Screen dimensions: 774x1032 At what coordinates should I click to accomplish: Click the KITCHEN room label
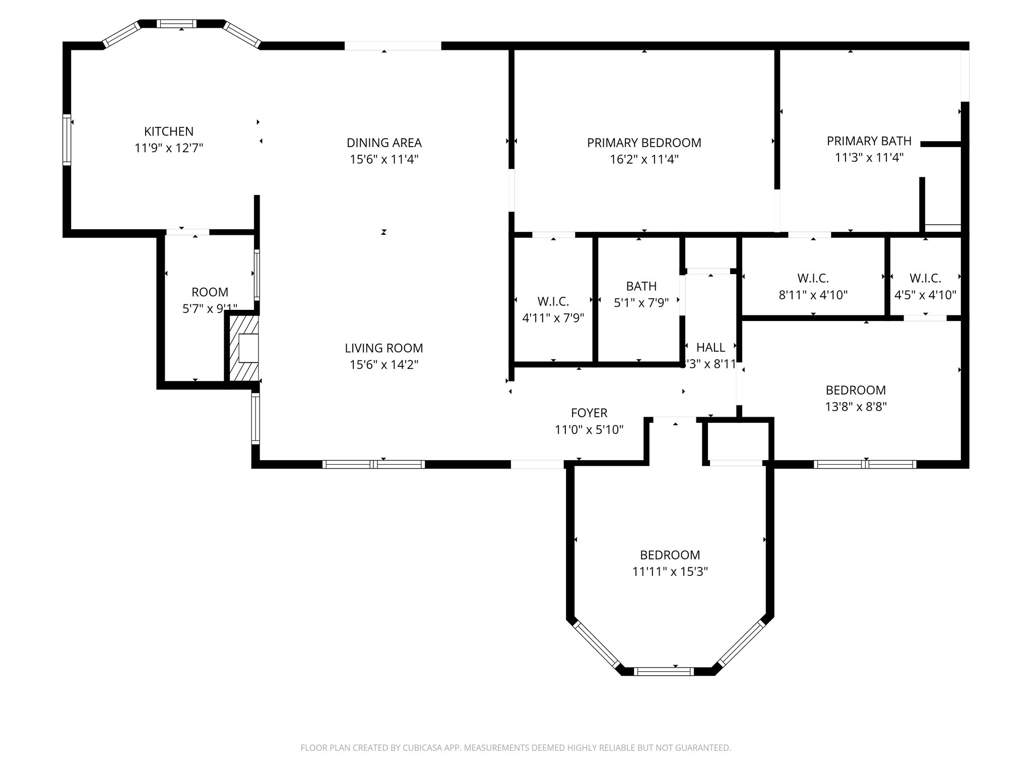point(168,132)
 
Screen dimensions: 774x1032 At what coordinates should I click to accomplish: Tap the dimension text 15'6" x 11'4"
point(384,159)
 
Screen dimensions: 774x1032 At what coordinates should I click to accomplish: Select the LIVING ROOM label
point(384,348)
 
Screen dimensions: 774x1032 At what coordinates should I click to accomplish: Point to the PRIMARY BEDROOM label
point(643,143)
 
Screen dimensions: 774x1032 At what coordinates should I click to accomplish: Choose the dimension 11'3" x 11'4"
point(869,158)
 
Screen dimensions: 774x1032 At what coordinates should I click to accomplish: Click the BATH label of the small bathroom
point(641,286)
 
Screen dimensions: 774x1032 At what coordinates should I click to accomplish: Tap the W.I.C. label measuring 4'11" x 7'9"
point(553,301)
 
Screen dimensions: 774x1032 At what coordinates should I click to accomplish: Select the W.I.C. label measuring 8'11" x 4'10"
point(813,278)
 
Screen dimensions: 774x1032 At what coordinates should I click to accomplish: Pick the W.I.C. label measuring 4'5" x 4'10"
point(925,278)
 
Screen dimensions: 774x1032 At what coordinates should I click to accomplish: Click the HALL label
point(711,347)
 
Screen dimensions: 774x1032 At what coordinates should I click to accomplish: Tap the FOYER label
point(589,413)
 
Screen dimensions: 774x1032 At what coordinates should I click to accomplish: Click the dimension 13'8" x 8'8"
point(856,407)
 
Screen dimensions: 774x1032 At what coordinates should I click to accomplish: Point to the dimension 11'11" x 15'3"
point(670,571)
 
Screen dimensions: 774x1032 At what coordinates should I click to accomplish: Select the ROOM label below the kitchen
point(210,292)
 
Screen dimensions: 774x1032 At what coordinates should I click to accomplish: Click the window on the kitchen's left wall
point(66,140)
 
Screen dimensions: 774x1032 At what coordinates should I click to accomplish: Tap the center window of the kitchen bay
point(176,23)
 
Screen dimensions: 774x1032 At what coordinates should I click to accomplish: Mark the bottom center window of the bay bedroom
point(663,671)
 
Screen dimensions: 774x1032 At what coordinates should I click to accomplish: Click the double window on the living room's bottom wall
point(373,465)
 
